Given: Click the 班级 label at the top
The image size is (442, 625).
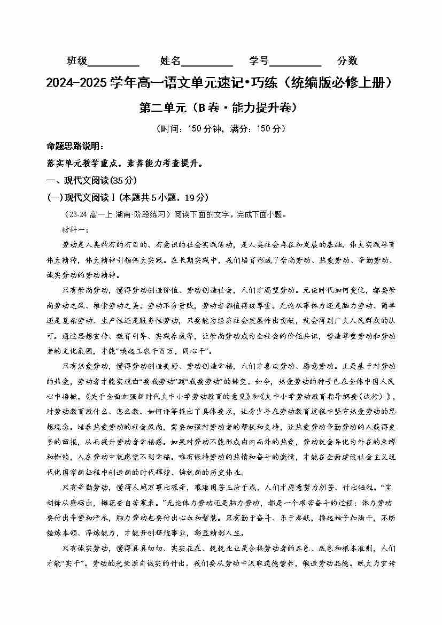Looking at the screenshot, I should pos(77,61).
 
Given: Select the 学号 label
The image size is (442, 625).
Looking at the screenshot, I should pos(259,61).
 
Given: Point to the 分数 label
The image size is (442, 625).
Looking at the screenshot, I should pos(347,61).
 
